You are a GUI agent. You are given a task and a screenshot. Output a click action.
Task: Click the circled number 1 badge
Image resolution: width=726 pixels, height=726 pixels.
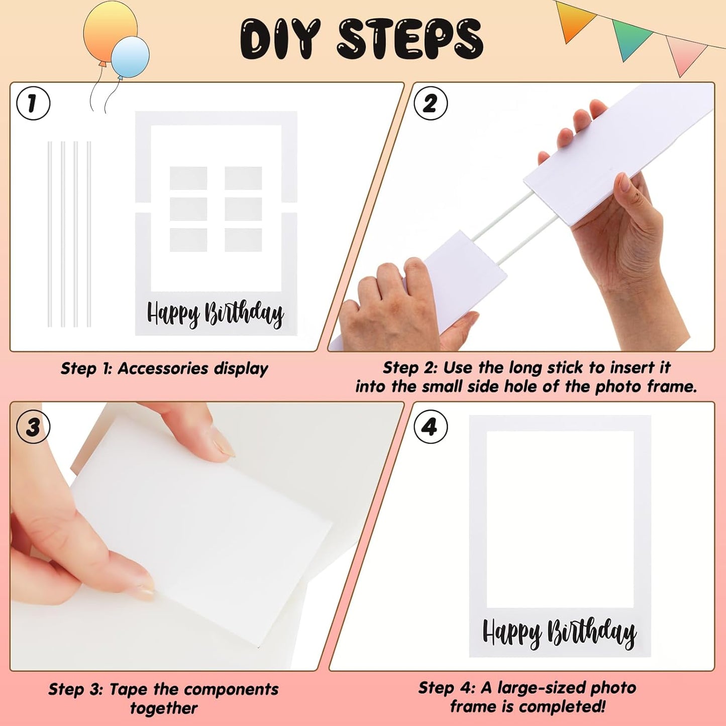(x=33, y=103)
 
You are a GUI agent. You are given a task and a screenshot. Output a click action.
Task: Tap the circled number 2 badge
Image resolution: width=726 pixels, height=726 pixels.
(x=430, y=103)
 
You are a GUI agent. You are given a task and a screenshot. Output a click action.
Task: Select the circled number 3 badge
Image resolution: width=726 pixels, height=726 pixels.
(x=33, y=427)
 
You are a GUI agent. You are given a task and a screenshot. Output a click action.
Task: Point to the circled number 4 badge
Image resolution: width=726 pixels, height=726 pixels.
(x=430, y=427)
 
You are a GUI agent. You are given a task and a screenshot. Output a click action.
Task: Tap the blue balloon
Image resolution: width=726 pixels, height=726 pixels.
(x=131, y=56)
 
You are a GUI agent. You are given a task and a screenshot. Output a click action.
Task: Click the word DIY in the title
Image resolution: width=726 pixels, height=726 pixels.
(x=279, y=39)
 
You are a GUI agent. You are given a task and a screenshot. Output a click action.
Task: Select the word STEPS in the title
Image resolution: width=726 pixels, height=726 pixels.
(x=409, y=39)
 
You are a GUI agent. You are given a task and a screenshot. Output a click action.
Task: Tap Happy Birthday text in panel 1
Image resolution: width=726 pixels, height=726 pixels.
(x=215, y=314)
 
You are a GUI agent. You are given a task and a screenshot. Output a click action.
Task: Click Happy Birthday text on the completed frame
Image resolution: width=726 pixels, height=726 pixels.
(x=559, y=632)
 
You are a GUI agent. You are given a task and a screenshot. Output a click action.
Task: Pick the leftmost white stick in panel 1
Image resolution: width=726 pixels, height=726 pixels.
(x=50, y=234)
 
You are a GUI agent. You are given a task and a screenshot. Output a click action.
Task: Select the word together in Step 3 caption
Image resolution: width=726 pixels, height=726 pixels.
(x=164, y=708)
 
